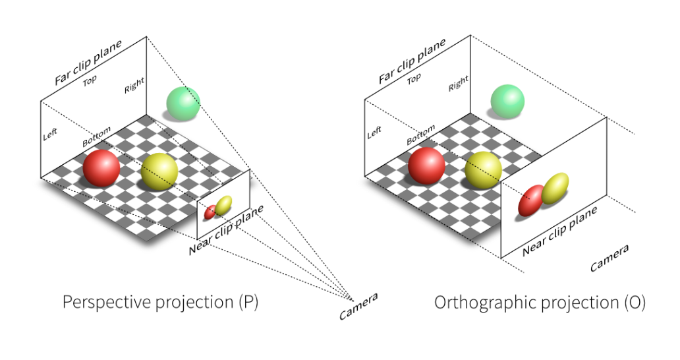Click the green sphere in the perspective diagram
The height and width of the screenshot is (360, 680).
[x=183, y=104]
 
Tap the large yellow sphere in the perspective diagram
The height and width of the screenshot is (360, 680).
[x=159, y=171]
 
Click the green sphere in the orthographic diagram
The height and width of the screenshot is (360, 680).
[x=507, y=102]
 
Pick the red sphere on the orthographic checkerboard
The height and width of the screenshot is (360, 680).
[x=426, y=165]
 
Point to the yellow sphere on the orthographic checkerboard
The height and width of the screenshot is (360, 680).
[x=484, y=169]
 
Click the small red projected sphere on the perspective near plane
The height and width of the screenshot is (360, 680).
[x=210, y=212]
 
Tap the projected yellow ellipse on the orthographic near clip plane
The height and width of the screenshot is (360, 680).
[x=555, y=188]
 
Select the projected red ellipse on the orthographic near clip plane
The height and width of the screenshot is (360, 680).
[x=531, y=200]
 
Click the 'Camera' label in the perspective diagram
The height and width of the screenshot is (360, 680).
[x=358, y=307]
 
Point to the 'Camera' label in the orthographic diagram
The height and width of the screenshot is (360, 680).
[x=609, y=258]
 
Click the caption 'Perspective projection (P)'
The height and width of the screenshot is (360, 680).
[x=160, y=303]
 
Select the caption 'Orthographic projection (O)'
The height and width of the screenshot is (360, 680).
[x=540, y=303]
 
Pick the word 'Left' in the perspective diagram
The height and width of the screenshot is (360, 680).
[x=50, y=134]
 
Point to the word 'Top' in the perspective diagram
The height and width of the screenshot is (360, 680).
[x=90, y=82]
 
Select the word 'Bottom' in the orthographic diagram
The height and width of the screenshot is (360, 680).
[x=420, y=135]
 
